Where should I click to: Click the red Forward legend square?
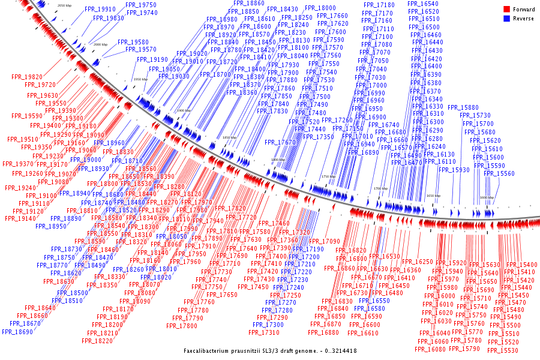click(x=507, y=9)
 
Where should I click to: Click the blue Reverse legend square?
click(x=507, y=19)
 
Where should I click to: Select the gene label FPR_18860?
click(x=248, y=4)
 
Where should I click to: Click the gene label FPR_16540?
click(x=423, y=4)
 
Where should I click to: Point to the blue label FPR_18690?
click(x=17, y=332)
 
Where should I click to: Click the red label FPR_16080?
click(x=431, y=349)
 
